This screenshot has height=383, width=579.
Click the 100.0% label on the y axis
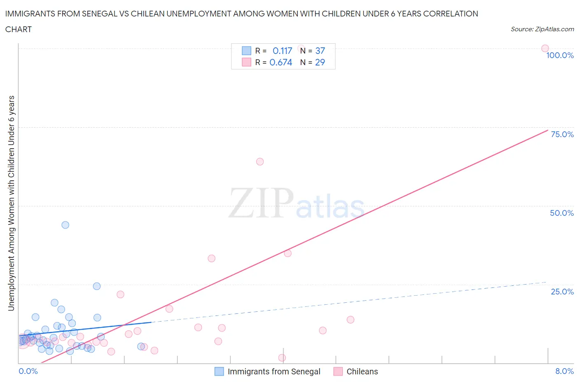(560, 55)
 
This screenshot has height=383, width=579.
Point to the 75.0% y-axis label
(562, 134)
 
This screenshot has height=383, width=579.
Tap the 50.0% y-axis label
(562, 213)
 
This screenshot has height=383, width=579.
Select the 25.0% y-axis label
(562, 292)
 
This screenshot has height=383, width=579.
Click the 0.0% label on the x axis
(28, 371)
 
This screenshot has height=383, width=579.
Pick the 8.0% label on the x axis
(564, 371)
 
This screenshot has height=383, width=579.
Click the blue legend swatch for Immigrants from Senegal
(219, 371)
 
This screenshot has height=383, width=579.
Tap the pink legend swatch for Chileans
(338, 371)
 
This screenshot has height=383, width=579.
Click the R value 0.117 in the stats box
(282, 51)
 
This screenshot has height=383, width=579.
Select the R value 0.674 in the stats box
(281, 62)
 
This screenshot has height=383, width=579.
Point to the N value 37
(320, 51)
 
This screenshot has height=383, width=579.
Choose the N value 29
(320, 62)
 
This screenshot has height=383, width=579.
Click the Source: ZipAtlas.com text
(542, 29)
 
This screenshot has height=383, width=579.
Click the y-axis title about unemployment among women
(11, 203)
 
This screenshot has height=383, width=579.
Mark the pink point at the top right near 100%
(545, 48)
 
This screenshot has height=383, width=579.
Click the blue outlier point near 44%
(65, 225)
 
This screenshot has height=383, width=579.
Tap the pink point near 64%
(260, 161)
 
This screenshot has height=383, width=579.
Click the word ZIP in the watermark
(261, 203)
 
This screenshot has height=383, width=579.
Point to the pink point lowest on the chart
(282, 357)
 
